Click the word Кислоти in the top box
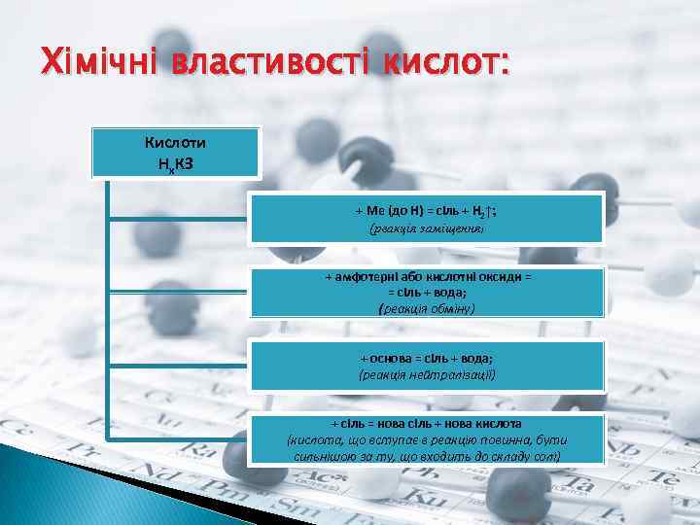tap(175, 143)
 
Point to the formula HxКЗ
tap(175, 162)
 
